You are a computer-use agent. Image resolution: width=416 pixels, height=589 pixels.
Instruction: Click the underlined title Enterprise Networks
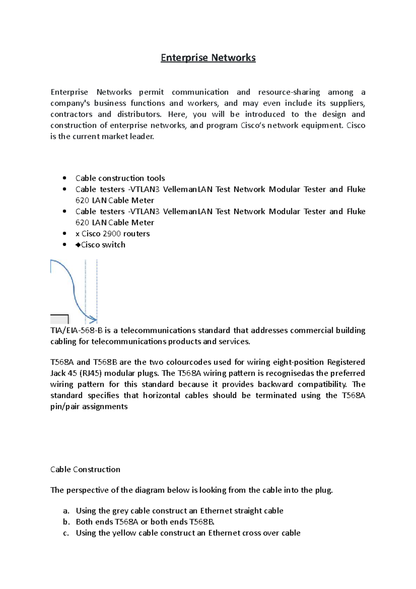click(x=208, y=58)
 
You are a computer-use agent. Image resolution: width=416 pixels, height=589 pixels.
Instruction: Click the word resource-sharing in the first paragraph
click(x=289, y=92)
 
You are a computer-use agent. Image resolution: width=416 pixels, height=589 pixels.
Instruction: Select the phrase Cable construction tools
click(x=120, y=178)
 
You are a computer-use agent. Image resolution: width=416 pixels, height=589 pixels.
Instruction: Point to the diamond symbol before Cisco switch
click(x=78, y=245)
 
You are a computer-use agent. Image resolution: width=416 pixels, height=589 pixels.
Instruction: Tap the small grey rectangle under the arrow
click(x=59, y=319)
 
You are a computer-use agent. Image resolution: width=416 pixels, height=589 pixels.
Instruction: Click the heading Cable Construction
click(x=85, y=470)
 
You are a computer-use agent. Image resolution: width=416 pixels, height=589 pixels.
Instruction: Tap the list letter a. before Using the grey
click(x=66, y=511)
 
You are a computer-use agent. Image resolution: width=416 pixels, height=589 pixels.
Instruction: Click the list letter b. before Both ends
click(x=66, y=522)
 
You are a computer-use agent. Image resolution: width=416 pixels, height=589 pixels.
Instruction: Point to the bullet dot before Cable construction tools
click(x=64, y=178)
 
